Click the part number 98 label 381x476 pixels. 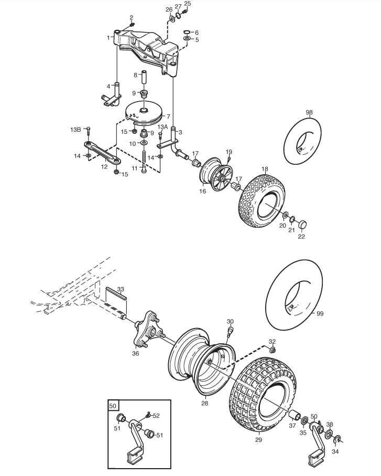(x=309, y=113)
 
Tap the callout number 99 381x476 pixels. (x=320, y=313)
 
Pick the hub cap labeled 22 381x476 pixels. (x=302, y=224)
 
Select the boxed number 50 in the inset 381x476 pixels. (x=113, y=406)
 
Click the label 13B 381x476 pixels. (x=76, y=129)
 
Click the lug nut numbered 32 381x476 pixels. (x=272, y=350)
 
